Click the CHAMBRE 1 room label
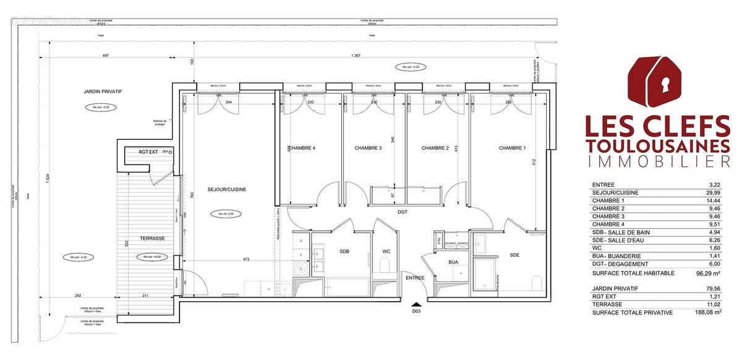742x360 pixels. pos(513,148)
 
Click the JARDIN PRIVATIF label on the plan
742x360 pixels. pos(103,92)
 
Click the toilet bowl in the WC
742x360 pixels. pos(383,267)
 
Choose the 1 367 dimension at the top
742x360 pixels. pos(356,56)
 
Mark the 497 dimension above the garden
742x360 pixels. pos(106,56)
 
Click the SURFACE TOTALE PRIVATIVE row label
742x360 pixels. pos(633,313)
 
